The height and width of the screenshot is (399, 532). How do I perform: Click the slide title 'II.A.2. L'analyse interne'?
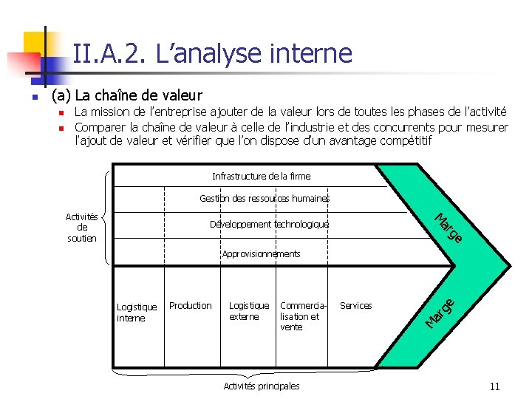pos(213,53)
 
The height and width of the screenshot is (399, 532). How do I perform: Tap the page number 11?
pos(494,386)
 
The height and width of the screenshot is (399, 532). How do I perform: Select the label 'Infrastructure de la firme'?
pos(261,177)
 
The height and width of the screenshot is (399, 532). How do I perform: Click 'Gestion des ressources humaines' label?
pos(265,199)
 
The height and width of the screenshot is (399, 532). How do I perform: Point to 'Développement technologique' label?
pos(269,225)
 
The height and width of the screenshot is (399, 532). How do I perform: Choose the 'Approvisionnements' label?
pos(261,254)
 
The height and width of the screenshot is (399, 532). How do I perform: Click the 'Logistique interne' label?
pos(137,313)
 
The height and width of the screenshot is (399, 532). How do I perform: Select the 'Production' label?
pos(190,306)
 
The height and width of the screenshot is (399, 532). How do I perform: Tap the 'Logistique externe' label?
pos(249,311)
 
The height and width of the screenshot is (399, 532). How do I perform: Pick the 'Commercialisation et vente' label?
pos(300,316)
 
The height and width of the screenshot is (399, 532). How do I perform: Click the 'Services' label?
pos(355,306)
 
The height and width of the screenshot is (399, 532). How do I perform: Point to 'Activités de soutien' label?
pos(81,228)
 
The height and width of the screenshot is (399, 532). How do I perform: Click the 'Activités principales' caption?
pos(261,386)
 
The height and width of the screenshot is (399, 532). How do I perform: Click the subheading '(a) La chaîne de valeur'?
pos(126,95)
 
